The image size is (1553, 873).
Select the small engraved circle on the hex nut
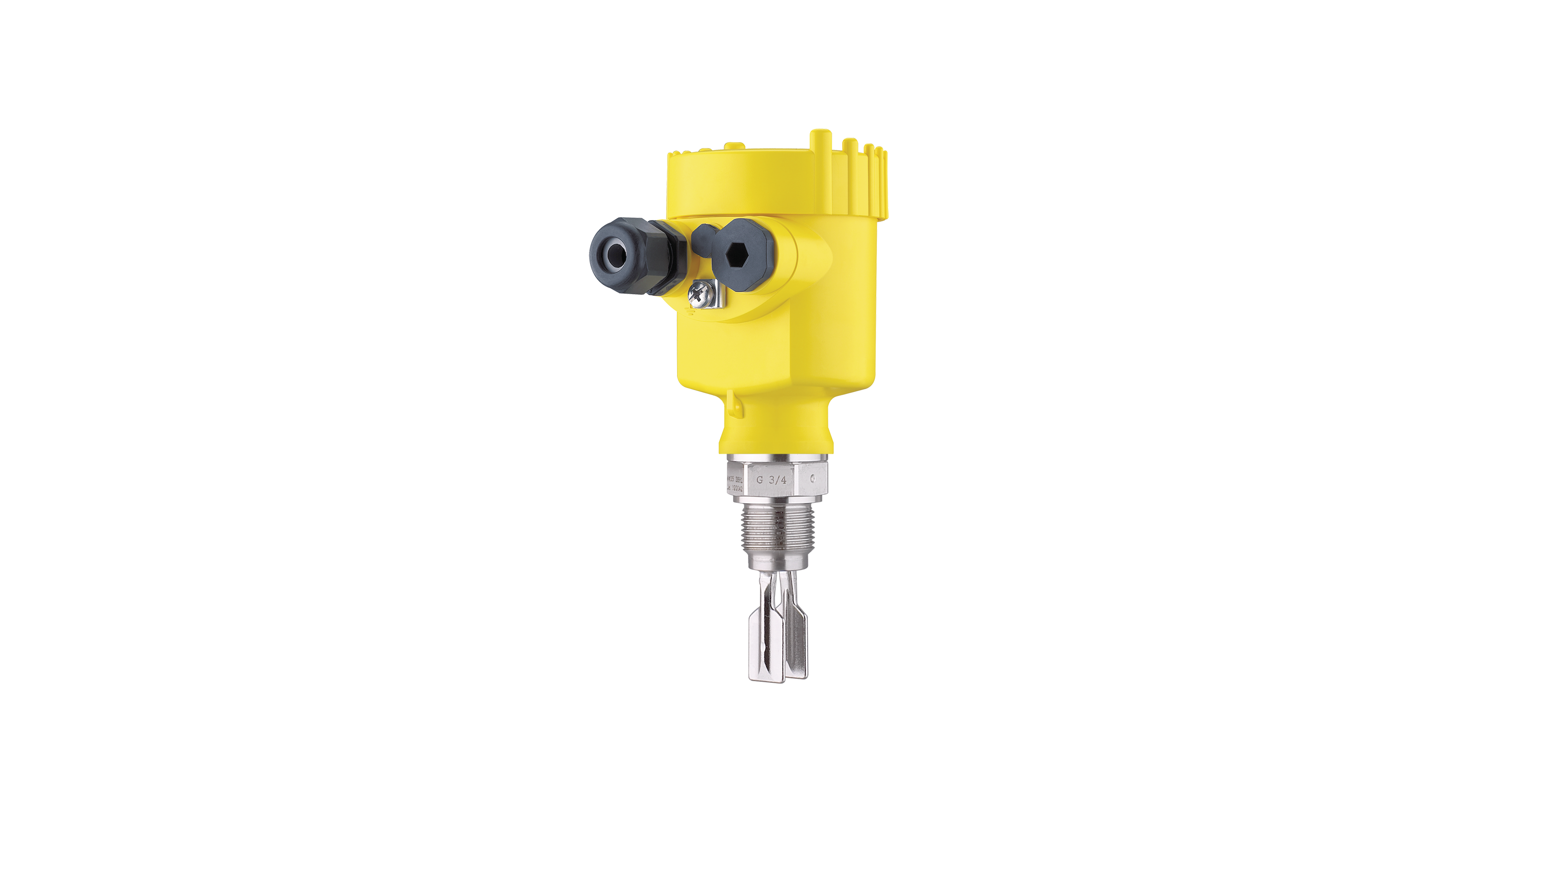tap(813, 479)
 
